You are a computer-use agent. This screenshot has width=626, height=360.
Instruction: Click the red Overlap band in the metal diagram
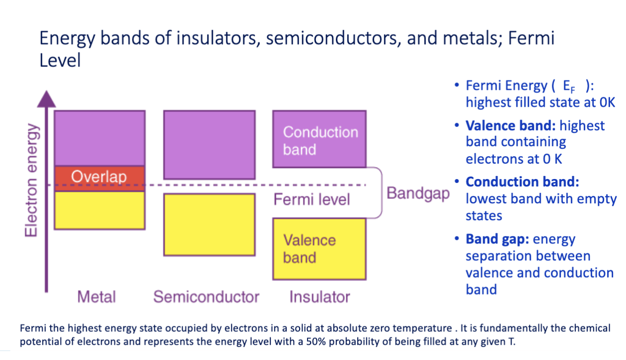[x=100, y=178]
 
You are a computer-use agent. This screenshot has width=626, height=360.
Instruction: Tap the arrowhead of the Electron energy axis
[x=47, y=99]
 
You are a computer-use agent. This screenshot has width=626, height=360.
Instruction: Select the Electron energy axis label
[x=31, y=180]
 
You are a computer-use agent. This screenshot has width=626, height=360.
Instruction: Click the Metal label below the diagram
[x=96, y=297]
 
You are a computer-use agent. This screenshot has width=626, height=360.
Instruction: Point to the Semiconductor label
[x=206, y=297]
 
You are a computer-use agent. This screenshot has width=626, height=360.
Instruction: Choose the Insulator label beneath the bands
[x=319, y=297]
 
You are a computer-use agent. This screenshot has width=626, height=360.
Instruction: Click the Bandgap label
[x=418, y=193]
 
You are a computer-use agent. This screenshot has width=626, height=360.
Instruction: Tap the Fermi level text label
[x=312, y=199]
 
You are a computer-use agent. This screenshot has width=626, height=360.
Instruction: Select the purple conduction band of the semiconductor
[x=209, y=145]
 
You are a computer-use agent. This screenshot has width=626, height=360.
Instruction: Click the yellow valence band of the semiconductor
[x=209, y=225]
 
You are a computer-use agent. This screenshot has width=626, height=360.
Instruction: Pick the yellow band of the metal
[x=100, y=210]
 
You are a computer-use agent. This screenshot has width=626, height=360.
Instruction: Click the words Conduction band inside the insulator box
[x=320, y=141]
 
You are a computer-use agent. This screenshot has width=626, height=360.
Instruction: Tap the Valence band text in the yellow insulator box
[x=310, y=249]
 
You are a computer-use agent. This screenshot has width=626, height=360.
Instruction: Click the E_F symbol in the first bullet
[x=569, y=87]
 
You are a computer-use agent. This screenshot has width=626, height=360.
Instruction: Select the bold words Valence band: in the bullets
[x=510, y=125]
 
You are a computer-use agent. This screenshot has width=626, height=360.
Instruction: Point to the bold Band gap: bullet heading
[x=497, y=240]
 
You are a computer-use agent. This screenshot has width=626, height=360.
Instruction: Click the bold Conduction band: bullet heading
[x=522, y=182]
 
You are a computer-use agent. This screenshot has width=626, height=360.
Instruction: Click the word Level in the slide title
[x=60, y=60]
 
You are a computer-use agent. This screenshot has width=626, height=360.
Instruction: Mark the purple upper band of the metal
[x=100, y=138]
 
